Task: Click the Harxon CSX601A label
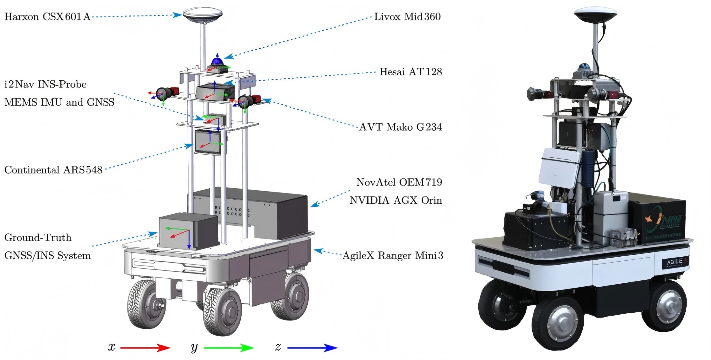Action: tap(47, 16)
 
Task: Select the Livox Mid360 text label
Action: tap(408, 16)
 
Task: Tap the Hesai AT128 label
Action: tap(411, 72)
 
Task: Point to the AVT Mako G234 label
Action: tap(401, 127)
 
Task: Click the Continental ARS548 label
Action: tap(53, 170)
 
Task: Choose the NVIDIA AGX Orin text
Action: tap(396, 200)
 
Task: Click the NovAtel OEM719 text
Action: tap(399, 182)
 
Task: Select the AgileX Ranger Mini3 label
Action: tap(393, 255)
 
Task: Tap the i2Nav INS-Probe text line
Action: tap(45, 84)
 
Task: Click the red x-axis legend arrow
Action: tap(145, 348)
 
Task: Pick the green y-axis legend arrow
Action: tap(229, 348)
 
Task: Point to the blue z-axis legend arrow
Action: tap(312, 348)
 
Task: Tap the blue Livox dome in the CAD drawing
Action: tap(217, 61)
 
